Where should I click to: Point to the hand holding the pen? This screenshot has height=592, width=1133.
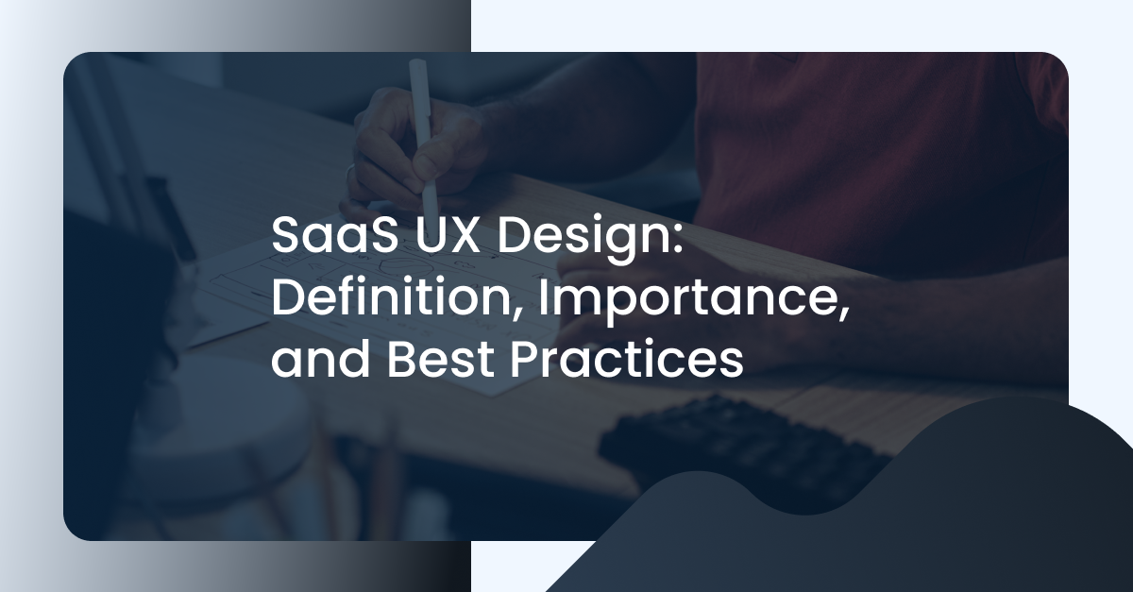tap(401, 156)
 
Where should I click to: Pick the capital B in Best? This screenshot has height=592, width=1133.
tap(395, 363)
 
